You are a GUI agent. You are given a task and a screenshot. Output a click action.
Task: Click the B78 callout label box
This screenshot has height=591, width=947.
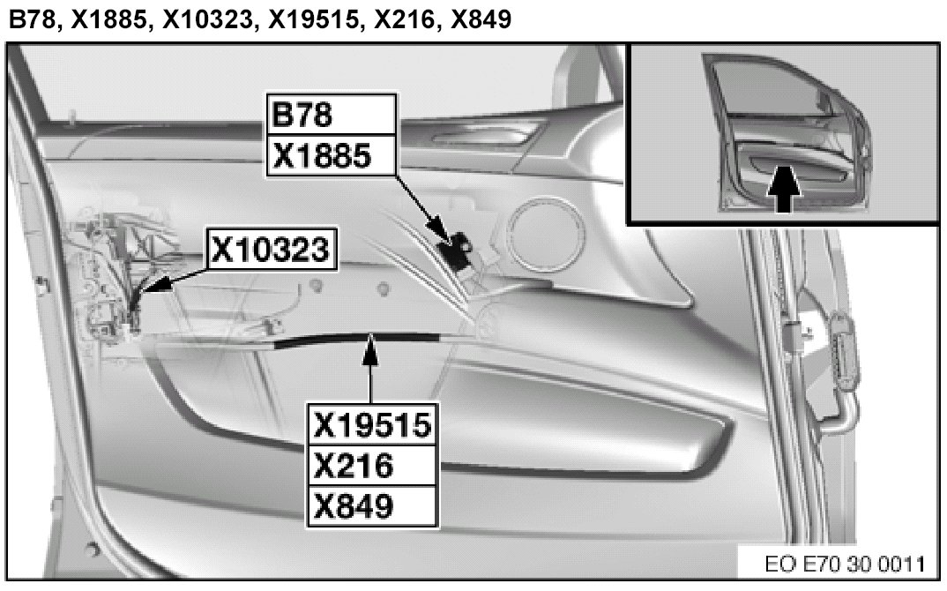click(332, 114)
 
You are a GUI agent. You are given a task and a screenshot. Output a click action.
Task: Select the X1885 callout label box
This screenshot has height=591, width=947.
click(332, 155)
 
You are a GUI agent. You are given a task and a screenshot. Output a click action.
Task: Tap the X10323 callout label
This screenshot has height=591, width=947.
click(272, 249)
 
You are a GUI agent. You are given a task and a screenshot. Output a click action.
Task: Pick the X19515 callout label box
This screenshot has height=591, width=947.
click(372, 424)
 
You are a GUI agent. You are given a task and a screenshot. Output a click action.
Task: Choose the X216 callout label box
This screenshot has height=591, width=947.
click(372, 466)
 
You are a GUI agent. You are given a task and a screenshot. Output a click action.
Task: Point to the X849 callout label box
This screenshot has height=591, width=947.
click(372, 506)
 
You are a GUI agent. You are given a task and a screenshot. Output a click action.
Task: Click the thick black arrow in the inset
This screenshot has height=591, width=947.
click(783, 189)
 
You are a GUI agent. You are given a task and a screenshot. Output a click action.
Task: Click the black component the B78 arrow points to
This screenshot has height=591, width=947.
click(458, 248)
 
